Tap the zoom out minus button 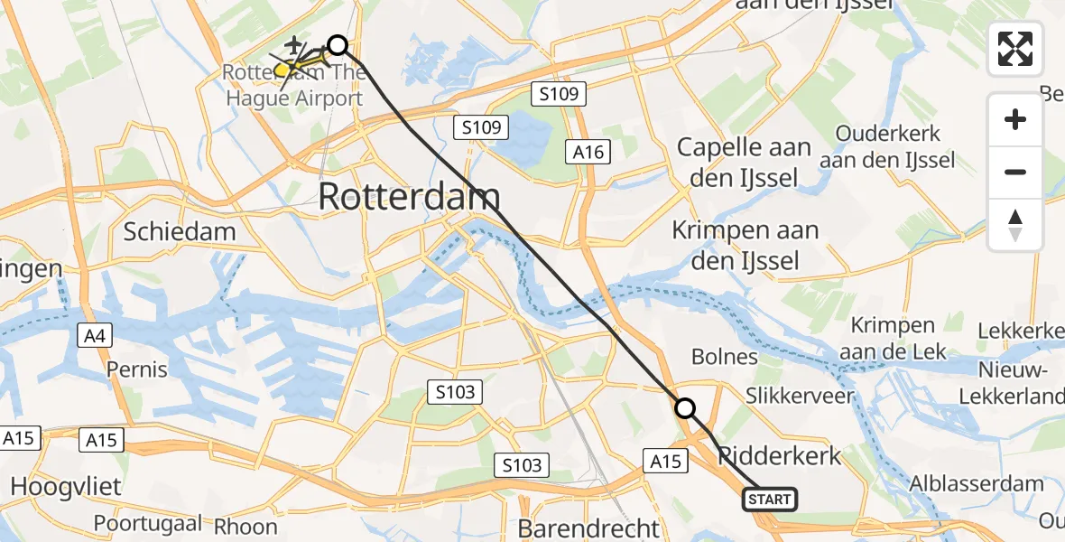point(1015,172)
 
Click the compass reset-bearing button point(1015,225)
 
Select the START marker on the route point(770,500)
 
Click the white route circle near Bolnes point(686,408)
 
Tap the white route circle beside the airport point(337,45)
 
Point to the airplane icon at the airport point(295,44)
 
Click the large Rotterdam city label point(409,197)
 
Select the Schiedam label point(180,231)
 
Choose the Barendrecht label point(589,528)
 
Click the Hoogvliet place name point(65,487)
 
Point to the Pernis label point(137,369)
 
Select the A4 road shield point(94,337)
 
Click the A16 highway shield point(588,152)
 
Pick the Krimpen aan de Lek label point(893,337)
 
